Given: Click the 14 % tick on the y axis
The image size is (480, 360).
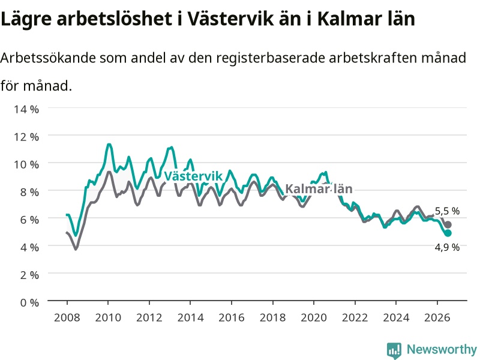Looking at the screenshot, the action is pyautogui.click(x=26, y=109).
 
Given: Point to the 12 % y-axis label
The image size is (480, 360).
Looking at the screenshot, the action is pyautogui.click(x=26, y=137).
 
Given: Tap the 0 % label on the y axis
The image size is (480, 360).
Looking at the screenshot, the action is pyautogui.click(x=29, y=302).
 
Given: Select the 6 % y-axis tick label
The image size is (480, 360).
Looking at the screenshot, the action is pyautogui.click(x=29, y=220).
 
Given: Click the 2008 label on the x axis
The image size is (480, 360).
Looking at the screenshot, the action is pyautogui.click(x=67, y=317).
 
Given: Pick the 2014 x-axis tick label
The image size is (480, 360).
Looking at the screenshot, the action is pyautogui.click(x=190, y=317).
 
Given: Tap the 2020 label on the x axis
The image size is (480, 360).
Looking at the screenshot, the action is pyautogui.click(x=314, y=317).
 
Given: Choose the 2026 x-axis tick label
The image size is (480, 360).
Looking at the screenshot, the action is pyautogui.click(x=437, y=317).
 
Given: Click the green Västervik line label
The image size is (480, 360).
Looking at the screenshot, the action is pyautogui.click(x=193, y=176).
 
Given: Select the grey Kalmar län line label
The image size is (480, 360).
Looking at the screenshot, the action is pyautogui.click(x=319, y=189).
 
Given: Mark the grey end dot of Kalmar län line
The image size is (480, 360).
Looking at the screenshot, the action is pyautogui.click(x=448, y=224).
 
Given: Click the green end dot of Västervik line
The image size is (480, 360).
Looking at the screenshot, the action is pyautogui.click(x=448, y=233).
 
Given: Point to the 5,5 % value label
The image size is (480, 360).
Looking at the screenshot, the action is pyautogui.click(x=447, y=211).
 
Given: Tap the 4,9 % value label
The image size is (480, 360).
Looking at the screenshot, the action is pyautogui.click(x=447, y=247).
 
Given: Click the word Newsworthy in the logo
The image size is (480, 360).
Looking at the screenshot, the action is pyautogui.click(x=442, y=349).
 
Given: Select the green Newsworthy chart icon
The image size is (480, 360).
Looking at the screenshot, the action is pyautogui.click(x=394, y=350).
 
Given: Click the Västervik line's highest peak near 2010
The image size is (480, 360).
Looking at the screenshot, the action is pyautogui.click(x=109, y=144).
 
